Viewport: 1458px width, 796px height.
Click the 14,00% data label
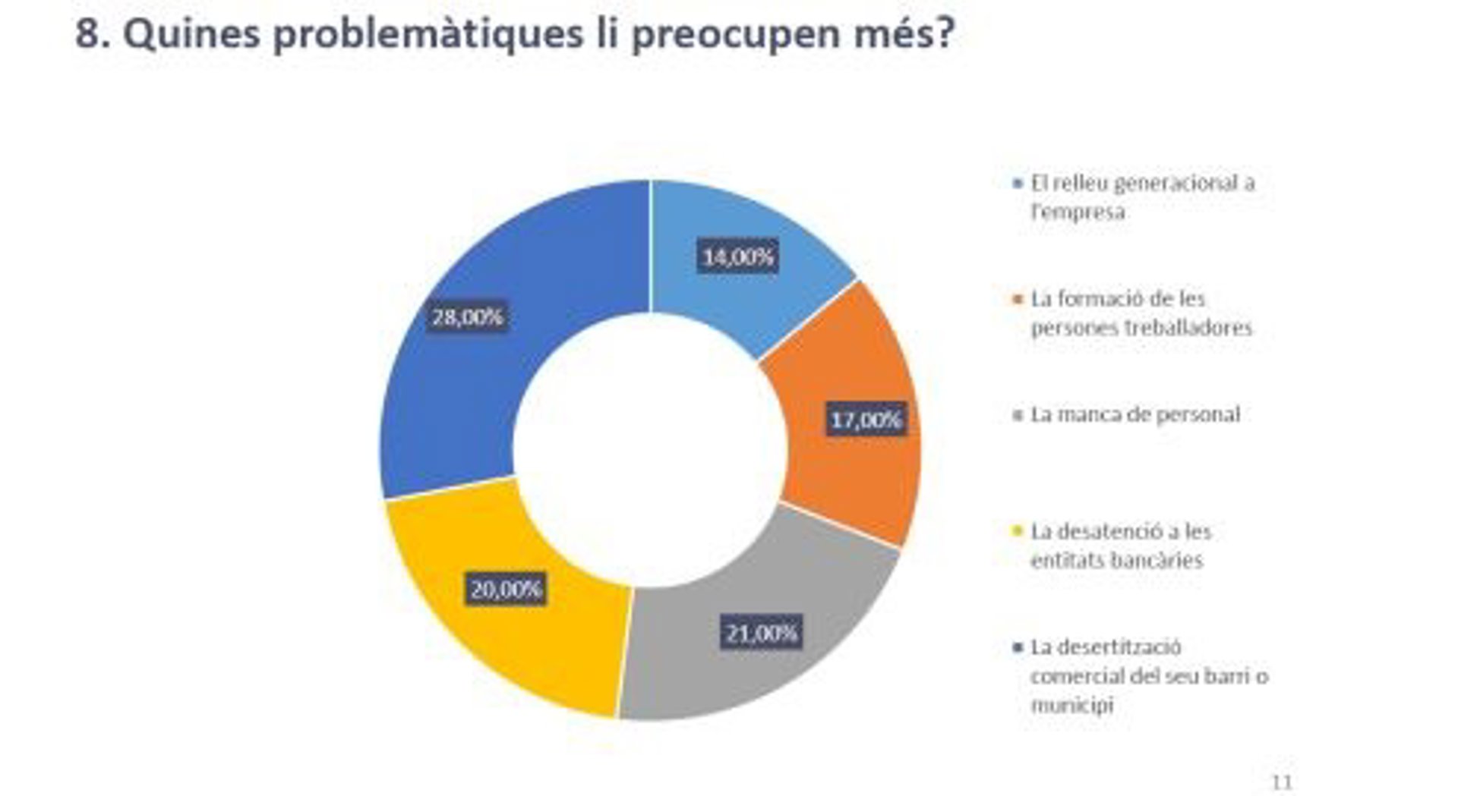[738, 257]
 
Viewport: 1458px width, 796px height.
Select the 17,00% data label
[866, 420]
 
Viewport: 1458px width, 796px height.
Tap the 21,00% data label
[761, 633]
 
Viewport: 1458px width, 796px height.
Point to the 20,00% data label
[506, 589]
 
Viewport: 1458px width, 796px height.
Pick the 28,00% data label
[468, 316]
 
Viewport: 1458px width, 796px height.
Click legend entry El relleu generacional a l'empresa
[1142, 197]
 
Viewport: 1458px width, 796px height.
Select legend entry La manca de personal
[1135, 414]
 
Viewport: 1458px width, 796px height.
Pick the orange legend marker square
[1018, 299]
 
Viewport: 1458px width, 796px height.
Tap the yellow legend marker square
[1018, 531]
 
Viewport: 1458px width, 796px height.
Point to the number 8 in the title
[87, 35]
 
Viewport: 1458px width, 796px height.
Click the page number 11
[1282, 782]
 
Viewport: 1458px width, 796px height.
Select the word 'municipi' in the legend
[1071, 705]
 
